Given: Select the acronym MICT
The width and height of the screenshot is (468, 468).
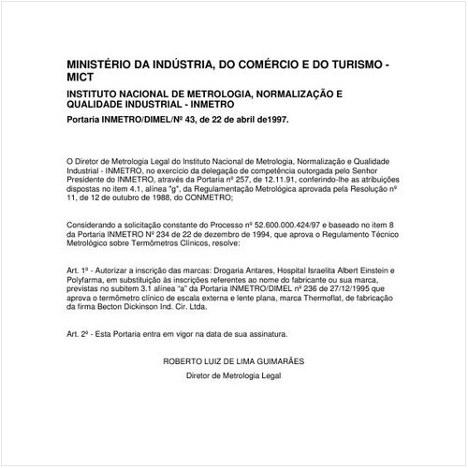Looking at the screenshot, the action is pyautogui.click(x=80, y=80).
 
